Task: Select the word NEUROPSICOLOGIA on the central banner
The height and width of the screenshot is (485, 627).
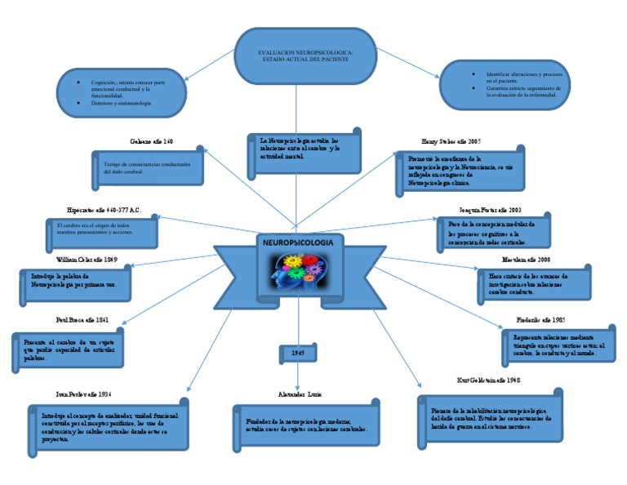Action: [x=298, y=243]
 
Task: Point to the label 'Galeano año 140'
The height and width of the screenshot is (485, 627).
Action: [x=151, y=142]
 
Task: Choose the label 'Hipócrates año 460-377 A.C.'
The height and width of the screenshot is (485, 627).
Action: [x=104, y=210]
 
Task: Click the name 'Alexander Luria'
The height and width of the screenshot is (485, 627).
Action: [x=300, y=394]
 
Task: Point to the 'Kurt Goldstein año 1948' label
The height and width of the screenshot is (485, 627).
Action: [x=489, y=380]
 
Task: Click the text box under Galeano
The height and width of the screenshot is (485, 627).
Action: [x=147, y=167]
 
